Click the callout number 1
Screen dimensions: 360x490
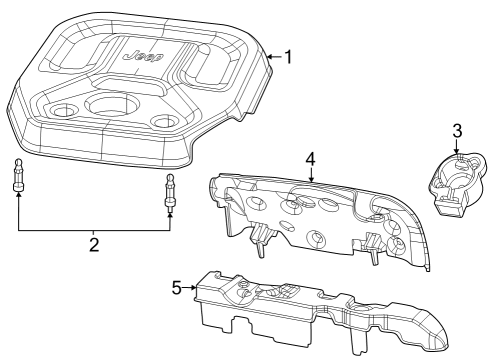click(x=287, y=57)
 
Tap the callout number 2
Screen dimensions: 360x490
click(x=94, y=245)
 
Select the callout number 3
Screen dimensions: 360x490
click(x=457, y=130)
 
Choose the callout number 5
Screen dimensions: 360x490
click(x=177, y=288)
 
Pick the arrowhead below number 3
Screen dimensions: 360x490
click(x=457, y=151)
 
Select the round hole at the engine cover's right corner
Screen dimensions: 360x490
click(x=162, y=121)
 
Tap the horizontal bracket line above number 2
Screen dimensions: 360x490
click(x=93, y=230)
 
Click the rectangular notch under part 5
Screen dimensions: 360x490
click(x=238, y=330)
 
